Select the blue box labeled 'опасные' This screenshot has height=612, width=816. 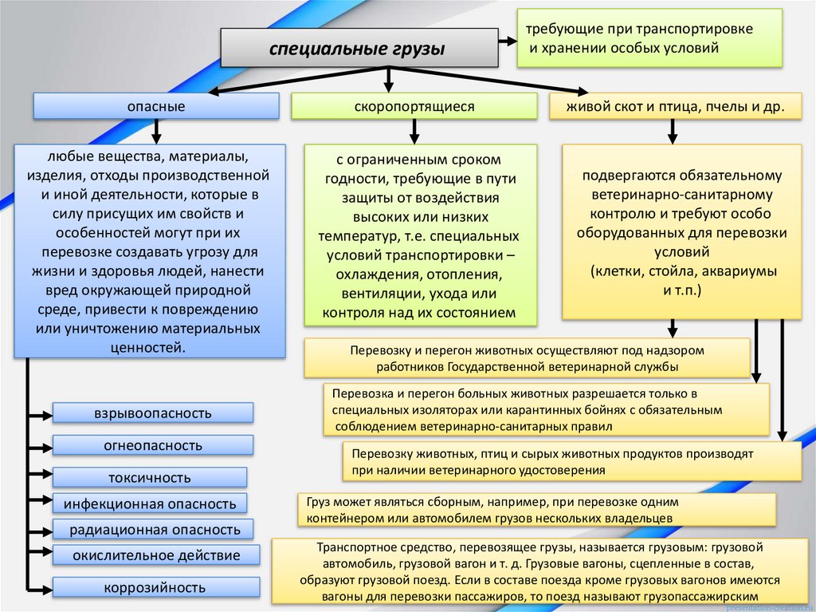(156, 106)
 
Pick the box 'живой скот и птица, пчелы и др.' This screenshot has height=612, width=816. (675, 106)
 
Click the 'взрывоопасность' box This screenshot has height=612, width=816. (153, 413)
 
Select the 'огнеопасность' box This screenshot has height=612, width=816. (153, 445)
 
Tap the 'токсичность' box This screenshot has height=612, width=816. (150, 478)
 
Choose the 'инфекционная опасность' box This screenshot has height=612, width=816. (150, 503)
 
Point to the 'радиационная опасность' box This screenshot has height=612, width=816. (154, 529)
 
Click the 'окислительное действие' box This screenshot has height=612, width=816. (155, 555)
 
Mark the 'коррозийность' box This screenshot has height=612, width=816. (155, 588)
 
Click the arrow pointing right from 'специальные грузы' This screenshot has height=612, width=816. (507, 40)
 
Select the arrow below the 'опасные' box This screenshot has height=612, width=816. (156, 130)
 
